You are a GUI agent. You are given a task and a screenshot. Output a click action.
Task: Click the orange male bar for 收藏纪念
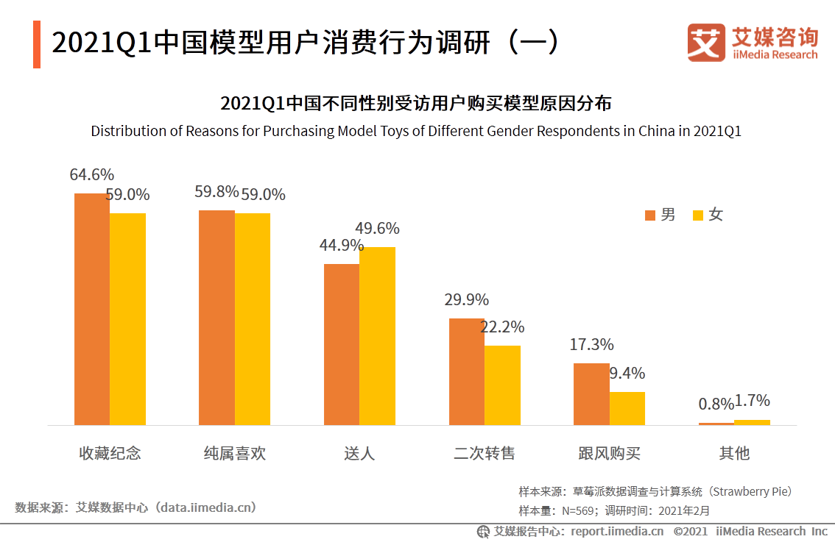[92, 309]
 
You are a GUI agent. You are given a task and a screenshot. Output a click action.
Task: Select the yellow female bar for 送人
[377, 335]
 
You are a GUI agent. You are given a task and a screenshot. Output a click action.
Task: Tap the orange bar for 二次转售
[467, 371]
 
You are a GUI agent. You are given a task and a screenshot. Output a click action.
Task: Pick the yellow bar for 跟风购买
[627, 408]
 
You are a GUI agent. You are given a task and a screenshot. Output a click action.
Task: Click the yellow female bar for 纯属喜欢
[253, 319]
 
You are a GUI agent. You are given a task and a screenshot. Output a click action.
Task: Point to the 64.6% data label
[92, 175]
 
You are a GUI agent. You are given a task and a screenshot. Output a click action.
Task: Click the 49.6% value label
[378, 228]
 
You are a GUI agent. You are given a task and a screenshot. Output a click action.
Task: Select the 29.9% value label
[466, 299]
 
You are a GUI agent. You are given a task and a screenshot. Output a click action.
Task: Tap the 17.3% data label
[591, 344]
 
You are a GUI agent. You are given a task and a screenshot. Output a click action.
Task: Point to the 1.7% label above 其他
[752, 401]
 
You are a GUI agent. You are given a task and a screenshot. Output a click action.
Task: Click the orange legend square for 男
[650, 215]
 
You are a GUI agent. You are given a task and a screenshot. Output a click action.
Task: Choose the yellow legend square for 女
[698, 215]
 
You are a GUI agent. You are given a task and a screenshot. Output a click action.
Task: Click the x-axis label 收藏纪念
[110, 453]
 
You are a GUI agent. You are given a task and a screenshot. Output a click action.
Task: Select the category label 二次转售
[484, 453]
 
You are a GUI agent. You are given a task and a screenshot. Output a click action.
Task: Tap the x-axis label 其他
[734, 453]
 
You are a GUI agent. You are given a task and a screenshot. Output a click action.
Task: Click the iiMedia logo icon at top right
[706, 43]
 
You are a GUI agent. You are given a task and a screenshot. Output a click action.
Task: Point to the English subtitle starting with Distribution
[415, 132]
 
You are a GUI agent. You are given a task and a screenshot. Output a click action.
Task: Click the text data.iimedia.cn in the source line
[208, 507]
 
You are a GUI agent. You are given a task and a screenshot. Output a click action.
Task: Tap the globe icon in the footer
[484, 532]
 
